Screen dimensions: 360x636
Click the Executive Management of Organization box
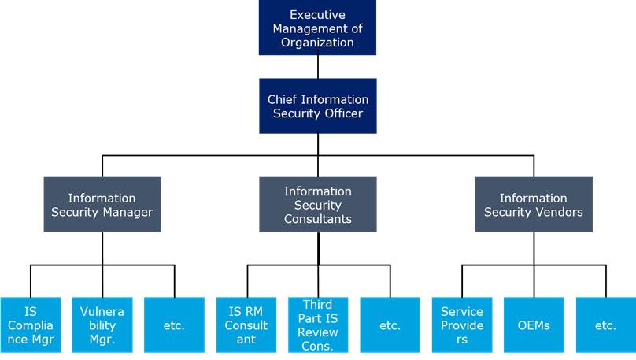[x=317, y=28]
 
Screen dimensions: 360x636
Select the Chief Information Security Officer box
[x=317, y=106]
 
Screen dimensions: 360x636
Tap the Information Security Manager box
[x=102, y=204]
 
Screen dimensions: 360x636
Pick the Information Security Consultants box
[x=317, y=204]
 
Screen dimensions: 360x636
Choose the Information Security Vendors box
[x=534, y=204]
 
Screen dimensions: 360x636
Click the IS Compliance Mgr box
[x=31, y=325]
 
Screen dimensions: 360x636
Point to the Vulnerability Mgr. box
[x=102, y=325]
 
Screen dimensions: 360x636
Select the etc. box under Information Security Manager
[x=174, y=325]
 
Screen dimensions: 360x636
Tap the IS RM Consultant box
[x=246, y=325]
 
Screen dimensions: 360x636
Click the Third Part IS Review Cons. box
[x=318, y=325]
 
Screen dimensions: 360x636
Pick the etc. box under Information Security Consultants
[x=390, y=325]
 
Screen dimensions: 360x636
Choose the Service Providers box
[x=462, y=325]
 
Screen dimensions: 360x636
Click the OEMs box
[x=534, y=325]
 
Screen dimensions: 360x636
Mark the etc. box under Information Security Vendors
[x=605, y=325]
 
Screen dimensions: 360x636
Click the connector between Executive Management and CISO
[x=317, y=66]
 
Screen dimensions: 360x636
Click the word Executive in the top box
[x=317, y=14]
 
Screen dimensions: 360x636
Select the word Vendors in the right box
[x=558, y=212]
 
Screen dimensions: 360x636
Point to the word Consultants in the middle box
[x=317, y=219]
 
